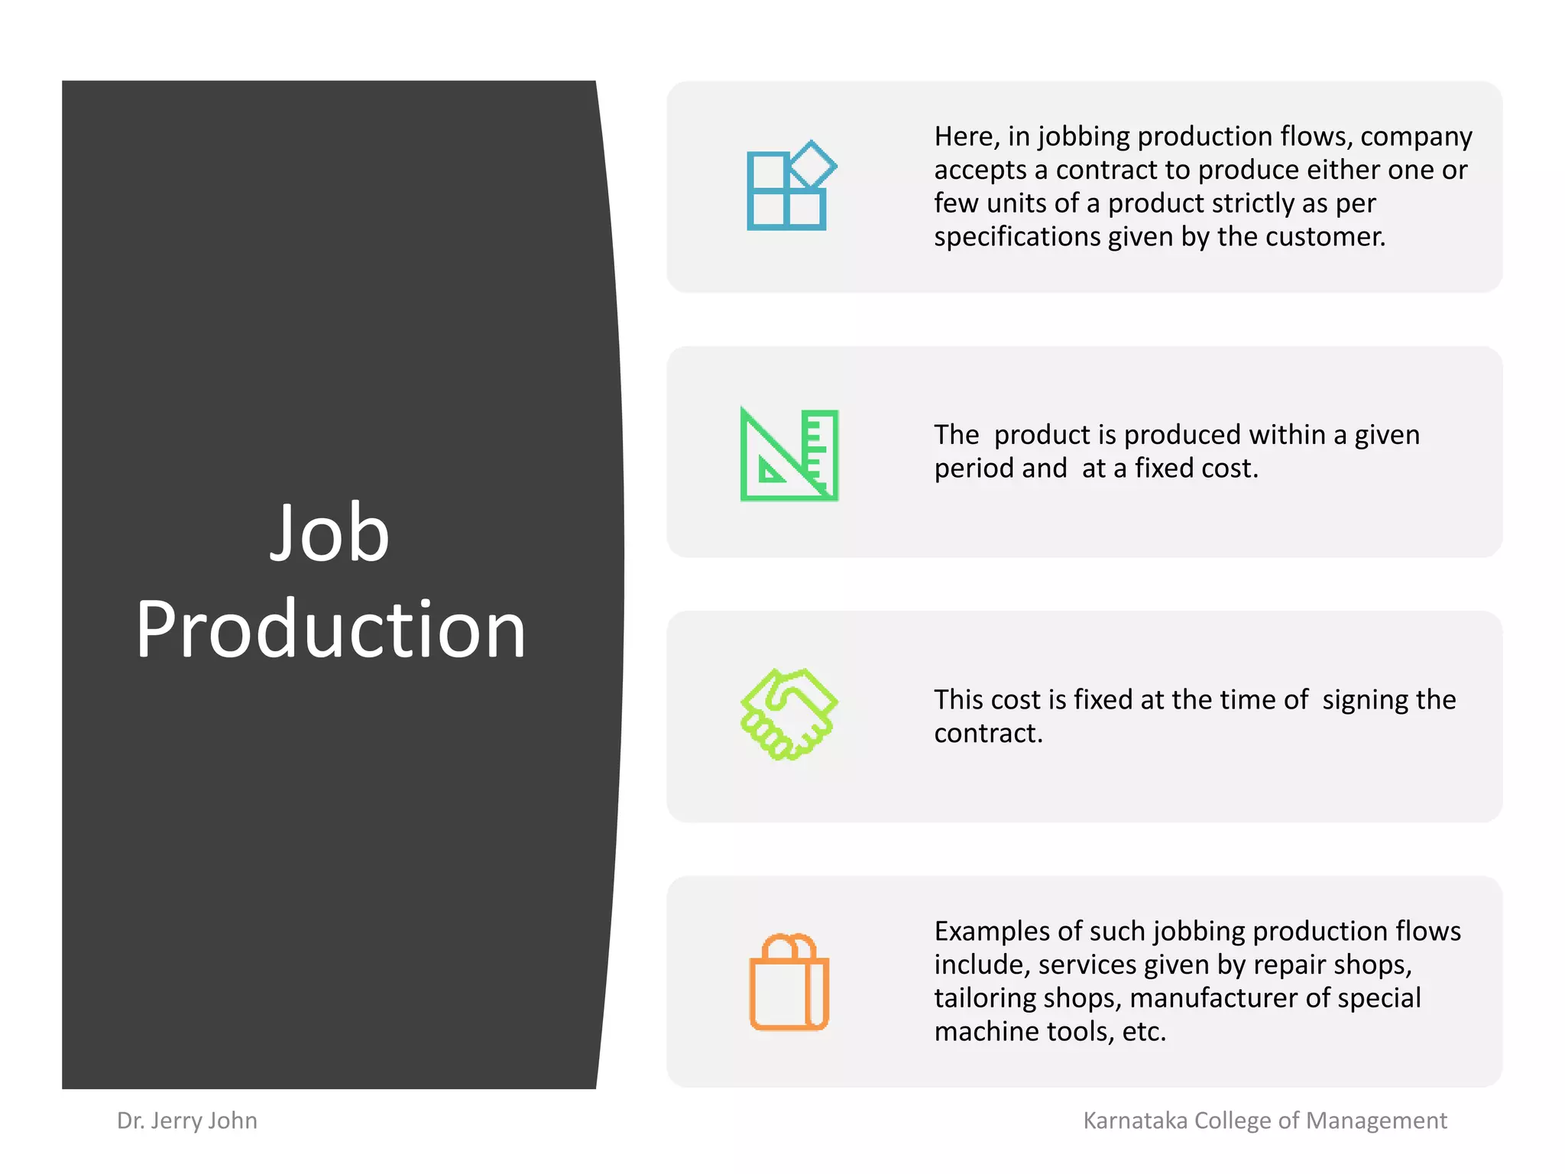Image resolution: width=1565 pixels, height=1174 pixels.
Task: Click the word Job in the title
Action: point(329,533)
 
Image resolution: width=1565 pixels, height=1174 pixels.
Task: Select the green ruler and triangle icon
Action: point(789,455)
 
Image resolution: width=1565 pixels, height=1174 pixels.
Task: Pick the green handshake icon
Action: point(789,714)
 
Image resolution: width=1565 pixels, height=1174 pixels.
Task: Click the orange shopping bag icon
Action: point(789,982)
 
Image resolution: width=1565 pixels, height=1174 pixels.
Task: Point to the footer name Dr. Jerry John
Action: point(187,1120)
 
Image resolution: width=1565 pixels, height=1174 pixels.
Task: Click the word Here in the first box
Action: point(965,137)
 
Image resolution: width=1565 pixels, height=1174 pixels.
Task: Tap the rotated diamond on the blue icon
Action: point(812,164)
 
